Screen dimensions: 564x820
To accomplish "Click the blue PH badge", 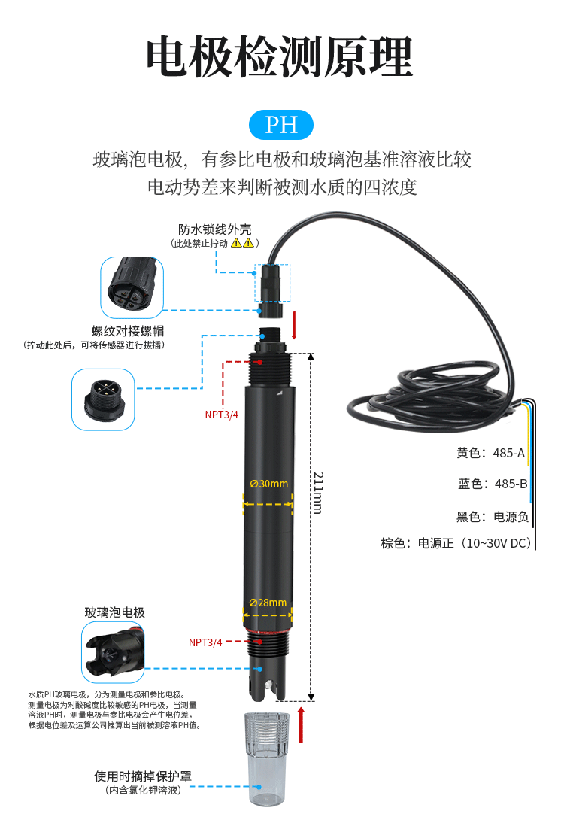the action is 281,125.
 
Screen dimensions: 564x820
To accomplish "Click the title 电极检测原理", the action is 280,57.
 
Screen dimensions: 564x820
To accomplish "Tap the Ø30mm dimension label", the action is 268,484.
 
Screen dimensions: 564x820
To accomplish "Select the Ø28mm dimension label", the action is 268,603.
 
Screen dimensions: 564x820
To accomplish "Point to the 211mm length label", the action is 318,494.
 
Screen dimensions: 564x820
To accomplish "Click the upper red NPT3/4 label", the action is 222,415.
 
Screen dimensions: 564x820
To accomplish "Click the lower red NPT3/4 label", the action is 205,642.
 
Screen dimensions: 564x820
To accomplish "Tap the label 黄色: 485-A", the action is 490,453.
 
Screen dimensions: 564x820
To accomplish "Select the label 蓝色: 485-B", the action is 493,484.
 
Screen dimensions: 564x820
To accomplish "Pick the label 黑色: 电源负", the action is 493,517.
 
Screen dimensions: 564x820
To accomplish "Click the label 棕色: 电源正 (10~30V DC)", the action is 456,543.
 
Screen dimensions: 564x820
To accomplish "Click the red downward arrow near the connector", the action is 294,325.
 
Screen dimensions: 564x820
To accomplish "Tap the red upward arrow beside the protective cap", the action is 301,724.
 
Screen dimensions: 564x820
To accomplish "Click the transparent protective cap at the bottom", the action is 266,758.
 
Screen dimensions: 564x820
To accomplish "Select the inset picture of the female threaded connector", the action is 132,287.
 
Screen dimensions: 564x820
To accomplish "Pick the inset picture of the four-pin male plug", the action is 103,399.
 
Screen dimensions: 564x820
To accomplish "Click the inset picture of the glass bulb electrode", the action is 113,652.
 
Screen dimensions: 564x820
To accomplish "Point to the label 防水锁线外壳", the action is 215,229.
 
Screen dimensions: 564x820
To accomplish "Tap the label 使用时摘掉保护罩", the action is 143,776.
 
